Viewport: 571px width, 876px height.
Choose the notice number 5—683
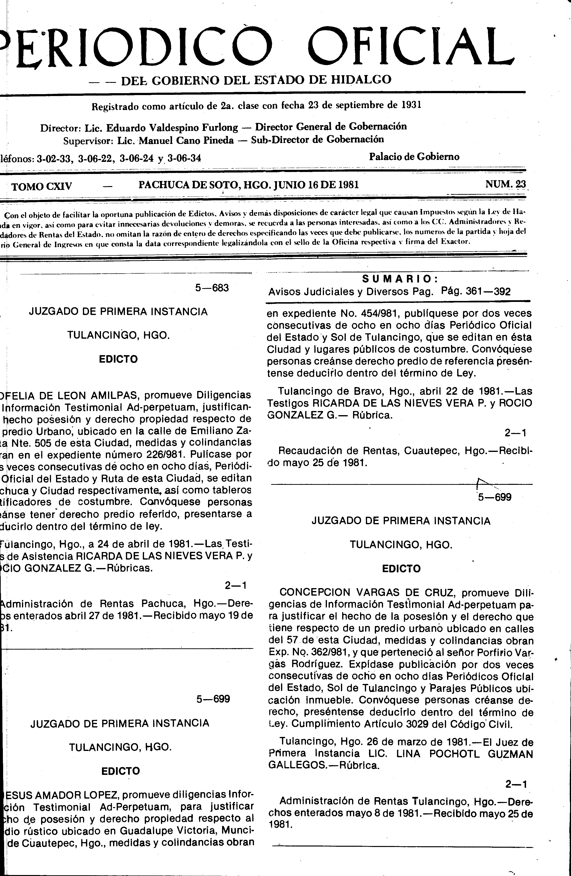(x=212, y=288)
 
